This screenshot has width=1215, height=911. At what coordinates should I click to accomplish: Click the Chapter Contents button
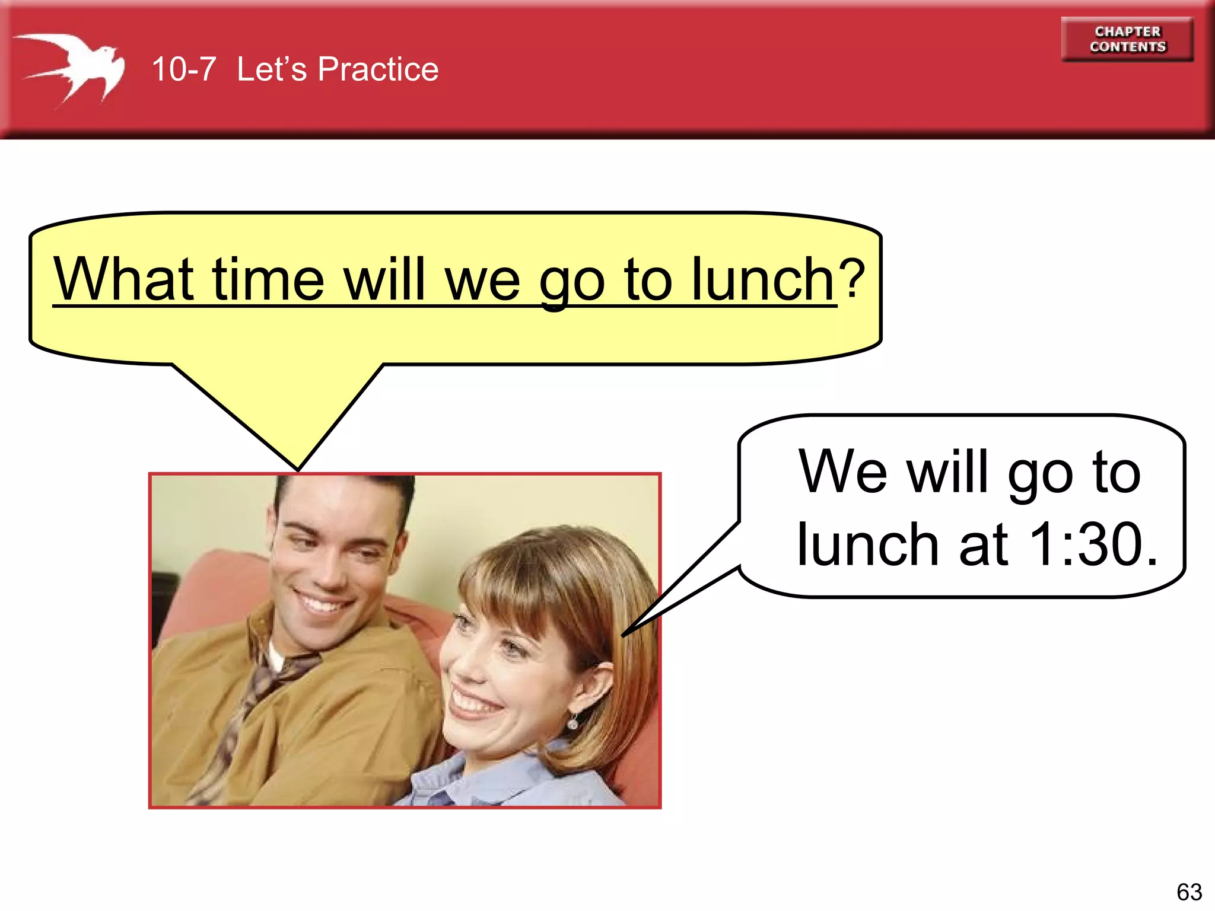[x=1127, y=39]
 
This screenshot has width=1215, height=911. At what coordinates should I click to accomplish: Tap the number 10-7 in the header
[x=183, y=69]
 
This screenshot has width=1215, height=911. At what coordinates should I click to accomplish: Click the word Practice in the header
[x=378, y=69]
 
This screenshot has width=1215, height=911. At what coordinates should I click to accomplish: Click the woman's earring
[x=572, y=722]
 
